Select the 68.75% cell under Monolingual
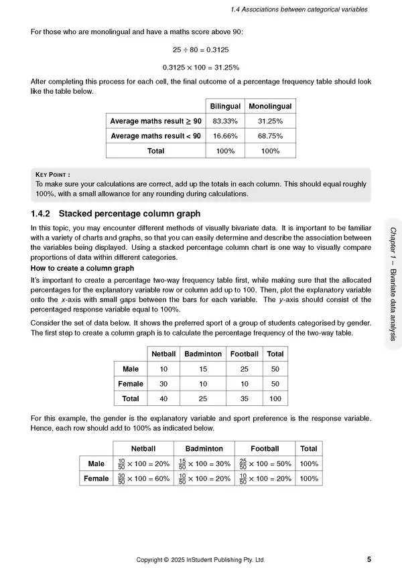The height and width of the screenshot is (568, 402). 270,136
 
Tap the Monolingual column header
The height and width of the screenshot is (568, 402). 270,106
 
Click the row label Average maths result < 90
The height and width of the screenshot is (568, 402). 155,136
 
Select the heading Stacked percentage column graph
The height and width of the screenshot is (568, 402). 130,214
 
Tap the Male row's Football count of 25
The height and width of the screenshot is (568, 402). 245,369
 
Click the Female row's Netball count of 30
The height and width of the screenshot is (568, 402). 163,384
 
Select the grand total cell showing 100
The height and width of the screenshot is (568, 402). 275,399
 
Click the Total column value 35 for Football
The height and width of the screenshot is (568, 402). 245,399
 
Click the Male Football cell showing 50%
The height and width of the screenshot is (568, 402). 265,464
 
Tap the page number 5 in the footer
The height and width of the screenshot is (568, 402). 370,559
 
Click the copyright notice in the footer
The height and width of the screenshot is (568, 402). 200,559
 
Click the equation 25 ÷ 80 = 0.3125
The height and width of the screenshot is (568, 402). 200,50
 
